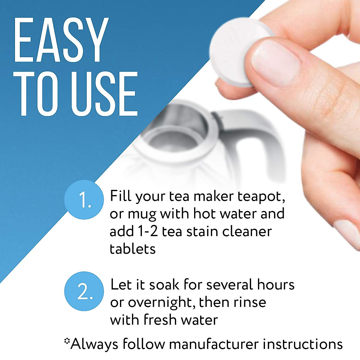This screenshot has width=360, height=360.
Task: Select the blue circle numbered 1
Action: pos(84,200)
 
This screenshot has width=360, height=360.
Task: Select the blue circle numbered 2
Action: pos(84,291)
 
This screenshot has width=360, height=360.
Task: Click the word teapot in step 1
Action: pos(261,197)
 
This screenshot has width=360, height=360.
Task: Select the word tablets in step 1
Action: pos(133,249)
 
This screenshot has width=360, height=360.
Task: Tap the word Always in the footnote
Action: pos(94,344)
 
